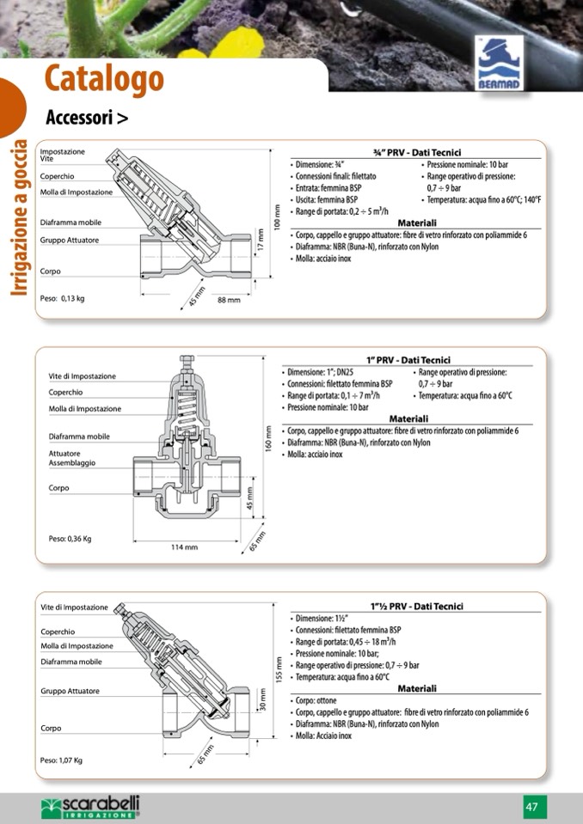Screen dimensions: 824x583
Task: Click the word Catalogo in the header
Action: click(x=104, y=79)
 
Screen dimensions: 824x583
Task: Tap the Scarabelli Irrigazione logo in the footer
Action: click(x=90, y=806)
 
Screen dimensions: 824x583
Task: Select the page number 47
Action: click(x=532, y=806)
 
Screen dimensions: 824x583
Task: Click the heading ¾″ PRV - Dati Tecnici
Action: click(x=417, y=152)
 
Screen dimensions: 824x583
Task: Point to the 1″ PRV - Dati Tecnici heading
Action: click(x=408, y=360)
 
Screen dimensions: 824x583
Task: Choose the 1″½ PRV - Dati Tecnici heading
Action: click(x=416, y=606)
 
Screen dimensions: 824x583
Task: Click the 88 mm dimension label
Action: click(x=229, y=300)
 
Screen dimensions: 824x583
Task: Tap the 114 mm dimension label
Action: click(x=184, y=546)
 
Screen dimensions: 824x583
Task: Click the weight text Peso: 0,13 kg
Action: click(x=62, y=299)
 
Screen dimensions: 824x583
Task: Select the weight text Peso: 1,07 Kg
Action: click(x=62, y=760)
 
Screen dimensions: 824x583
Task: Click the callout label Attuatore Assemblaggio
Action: click(x=71, y=458)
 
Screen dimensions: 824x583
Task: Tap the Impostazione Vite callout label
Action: click(x=63, y=156)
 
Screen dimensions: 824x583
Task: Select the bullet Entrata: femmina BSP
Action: click(x=327, y=187)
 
